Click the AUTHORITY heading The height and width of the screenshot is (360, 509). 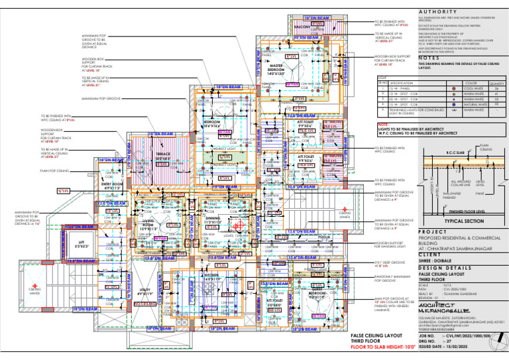pyautogui.click(x=437, y=12)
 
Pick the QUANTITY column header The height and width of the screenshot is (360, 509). pyautogui.click(x=496, y=82)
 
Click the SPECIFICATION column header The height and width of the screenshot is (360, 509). pyautogui.click(x=400, y=82)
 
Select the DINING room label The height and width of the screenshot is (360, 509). pyautogui.click(x=213, y=219)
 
